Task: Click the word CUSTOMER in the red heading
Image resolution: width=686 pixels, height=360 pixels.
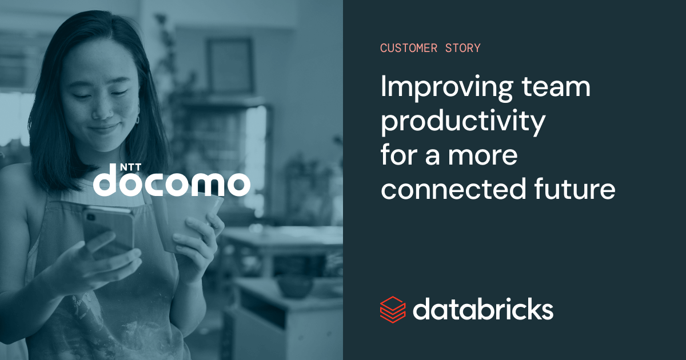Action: [x=409, y=48]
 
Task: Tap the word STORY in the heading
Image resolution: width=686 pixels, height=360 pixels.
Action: [x=462, y=48]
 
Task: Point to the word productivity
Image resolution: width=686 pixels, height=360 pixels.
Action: [x=463, y=122]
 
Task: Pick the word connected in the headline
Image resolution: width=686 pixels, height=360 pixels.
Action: [x=453, y=189]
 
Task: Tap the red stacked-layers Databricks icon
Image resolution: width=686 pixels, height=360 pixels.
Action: [x=393, y=310]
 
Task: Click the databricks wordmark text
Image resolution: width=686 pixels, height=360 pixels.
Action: [x=483, y=310]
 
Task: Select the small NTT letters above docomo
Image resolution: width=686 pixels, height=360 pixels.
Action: [x=130, y=167]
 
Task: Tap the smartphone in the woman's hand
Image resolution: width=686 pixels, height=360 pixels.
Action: [x=109, y=230]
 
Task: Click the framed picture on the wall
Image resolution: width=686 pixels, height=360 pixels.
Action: [x=230, y=65]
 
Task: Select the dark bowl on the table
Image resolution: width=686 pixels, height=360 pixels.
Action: [x=294, y=286]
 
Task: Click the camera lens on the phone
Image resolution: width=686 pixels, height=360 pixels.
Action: [x=91, y=217]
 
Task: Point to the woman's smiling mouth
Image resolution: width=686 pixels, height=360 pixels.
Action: [x=103, y=128]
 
